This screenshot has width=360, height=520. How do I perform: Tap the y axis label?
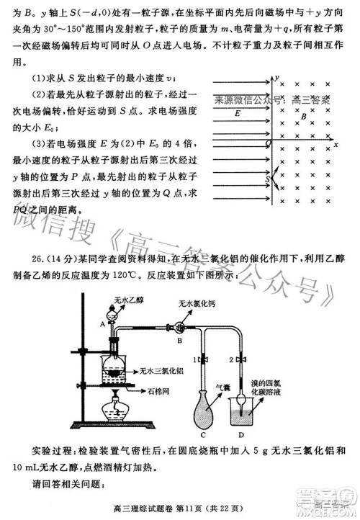276,75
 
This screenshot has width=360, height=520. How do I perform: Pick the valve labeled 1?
206,358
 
